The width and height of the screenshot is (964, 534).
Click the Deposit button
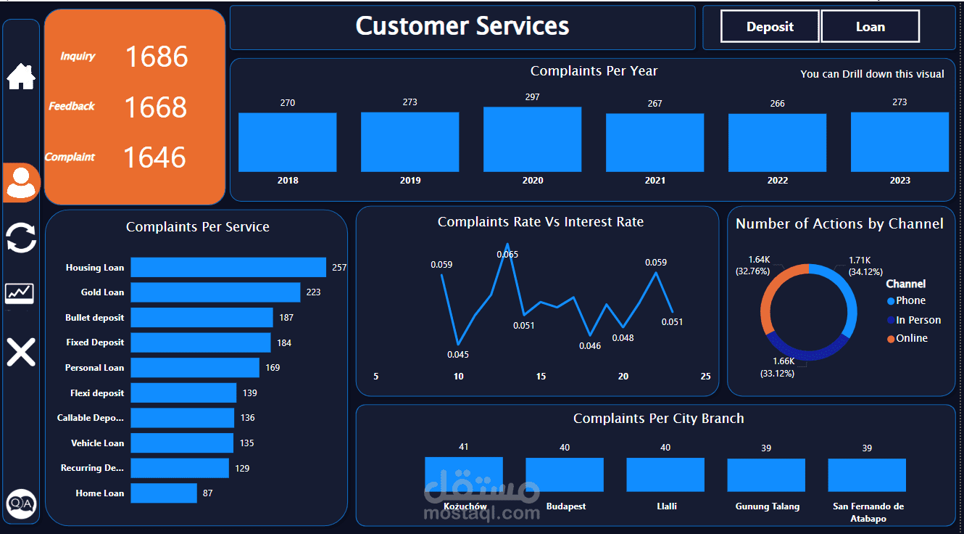point(770,27)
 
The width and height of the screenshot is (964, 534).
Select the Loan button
point(870,27)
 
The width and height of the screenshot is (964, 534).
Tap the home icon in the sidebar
point(21,76)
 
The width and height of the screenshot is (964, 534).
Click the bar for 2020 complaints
point(532,139)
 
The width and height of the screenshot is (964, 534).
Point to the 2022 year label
point(777,181)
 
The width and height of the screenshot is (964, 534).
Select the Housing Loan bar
point(228,268)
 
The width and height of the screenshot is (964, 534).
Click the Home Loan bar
point(164,493)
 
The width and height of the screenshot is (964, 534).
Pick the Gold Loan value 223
point(313,292)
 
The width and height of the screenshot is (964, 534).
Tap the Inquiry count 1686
point(157,57)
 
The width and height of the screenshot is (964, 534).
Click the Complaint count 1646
point(154,157)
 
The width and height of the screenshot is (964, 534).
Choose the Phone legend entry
point(910,301)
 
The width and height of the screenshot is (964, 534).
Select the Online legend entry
point(911,339)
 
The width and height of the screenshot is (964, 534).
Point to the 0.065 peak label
point(507,255)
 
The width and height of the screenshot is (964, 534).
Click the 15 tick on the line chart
point(541,377)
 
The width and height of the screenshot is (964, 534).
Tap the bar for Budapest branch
point(564,475)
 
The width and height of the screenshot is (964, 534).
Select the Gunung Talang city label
point(767,506)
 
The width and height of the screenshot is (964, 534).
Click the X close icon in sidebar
point(21,352)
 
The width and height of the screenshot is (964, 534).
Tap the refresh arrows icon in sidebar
point(21,238)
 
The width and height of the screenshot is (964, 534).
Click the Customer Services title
point(462,27)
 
